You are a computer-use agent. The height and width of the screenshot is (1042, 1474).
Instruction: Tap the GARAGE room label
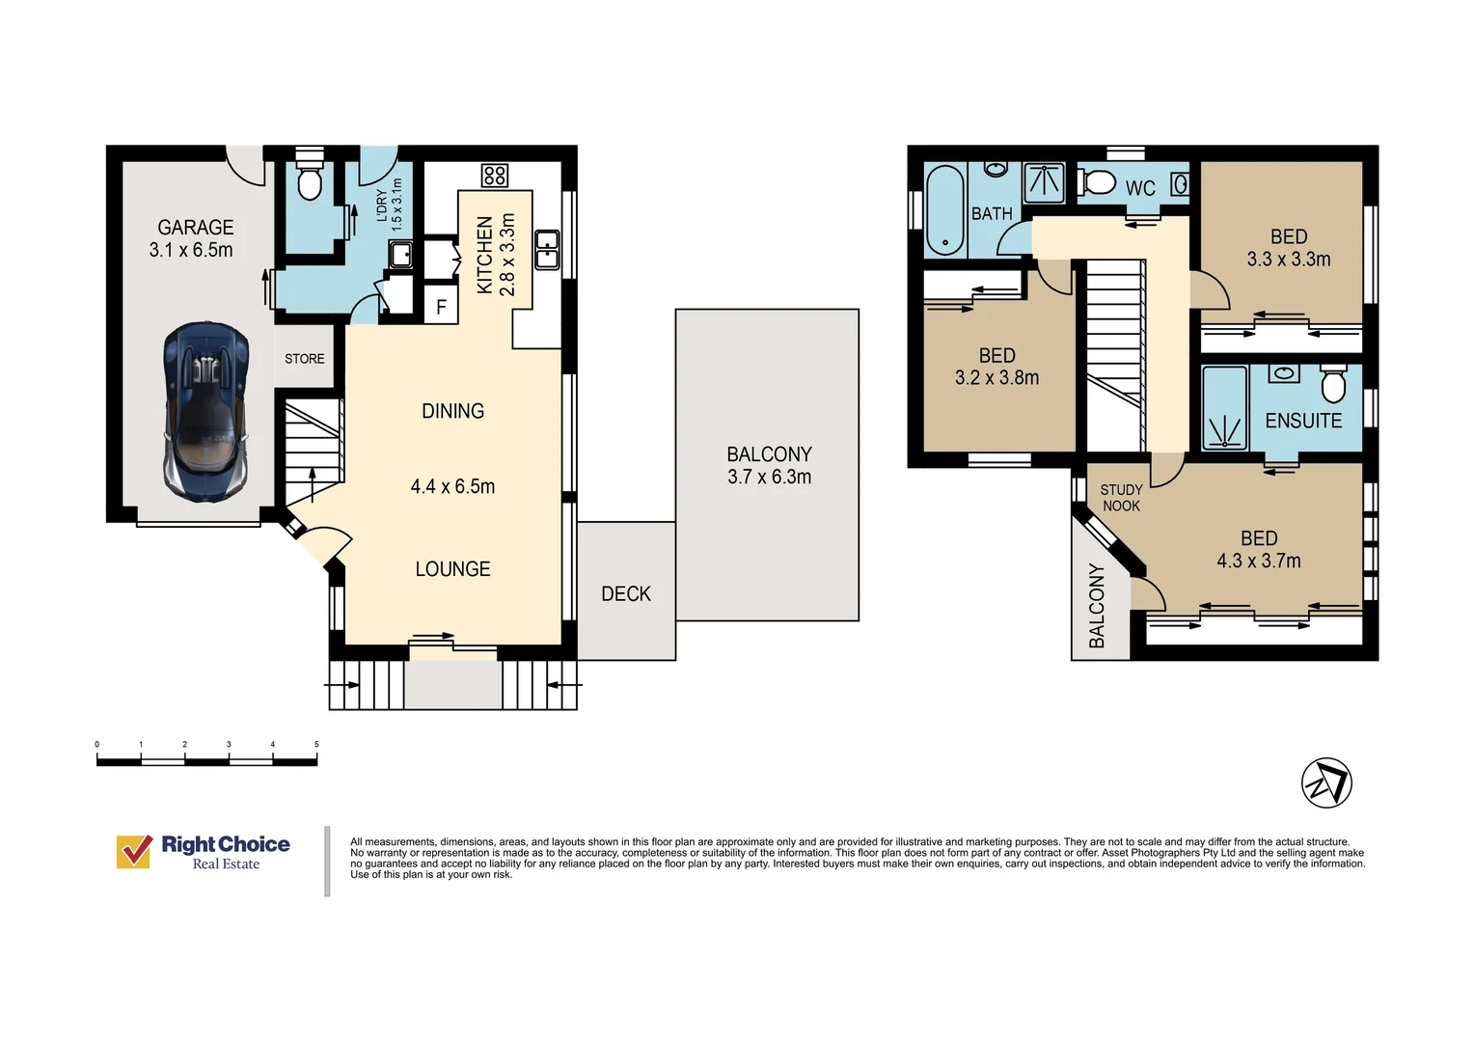pyautogui.click(x=196, y=227)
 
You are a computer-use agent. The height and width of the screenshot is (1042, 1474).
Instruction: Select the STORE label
pyautogui.click(x=305, y=359)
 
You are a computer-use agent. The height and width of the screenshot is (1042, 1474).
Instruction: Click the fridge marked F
pyautogui.click(x=441, y=306)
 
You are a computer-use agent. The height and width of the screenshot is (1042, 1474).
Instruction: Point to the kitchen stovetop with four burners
pyautogui.click(x=494, y=176)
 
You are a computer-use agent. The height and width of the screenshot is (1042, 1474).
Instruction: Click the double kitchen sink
pyautogui.click(x=547, y=250)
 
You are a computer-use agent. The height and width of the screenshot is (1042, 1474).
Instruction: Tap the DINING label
pyautogui.click(x=452, y=411)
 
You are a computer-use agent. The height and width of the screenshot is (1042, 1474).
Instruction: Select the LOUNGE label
pyautogui.click(x=452, y=568)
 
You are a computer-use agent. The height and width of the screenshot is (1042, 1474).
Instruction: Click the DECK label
pyautogui.click(x=626, y=593)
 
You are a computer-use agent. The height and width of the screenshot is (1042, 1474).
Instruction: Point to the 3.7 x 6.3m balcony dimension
pyautogui.click(x=769, y=477)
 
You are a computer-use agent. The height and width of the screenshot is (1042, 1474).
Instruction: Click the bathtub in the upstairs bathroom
pyautogui.click(x=944, y=210)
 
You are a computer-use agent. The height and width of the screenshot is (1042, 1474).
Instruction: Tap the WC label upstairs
pyautogui.click(x=1140, y=188)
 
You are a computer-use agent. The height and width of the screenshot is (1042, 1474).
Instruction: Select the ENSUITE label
pyautogui.click(x=1303, y=421)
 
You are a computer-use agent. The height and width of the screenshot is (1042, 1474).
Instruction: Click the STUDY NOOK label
pyautogui.click(x=1121, y=498)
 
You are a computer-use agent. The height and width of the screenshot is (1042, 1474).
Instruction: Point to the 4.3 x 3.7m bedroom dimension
pyautogui.click(x=1259, y=561)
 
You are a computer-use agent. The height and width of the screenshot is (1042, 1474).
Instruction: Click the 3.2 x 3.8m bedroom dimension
pyautogui.click(x=996, y=378)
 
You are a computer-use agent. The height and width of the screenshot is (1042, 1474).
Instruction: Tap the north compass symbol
pyautogui.click(x=1326, y=782)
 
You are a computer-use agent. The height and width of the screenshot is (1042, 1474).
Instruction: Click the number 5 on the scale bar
pyautogui.click(x=316, y=745)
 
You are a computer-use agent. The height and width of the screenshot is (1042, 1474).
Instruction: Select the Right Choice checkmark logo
pyautogui.click(x=134, y=851)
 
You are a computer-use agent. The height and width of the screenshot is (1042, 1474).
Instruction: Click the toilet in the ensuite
pyautogui.click(x=1333, y=384)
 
